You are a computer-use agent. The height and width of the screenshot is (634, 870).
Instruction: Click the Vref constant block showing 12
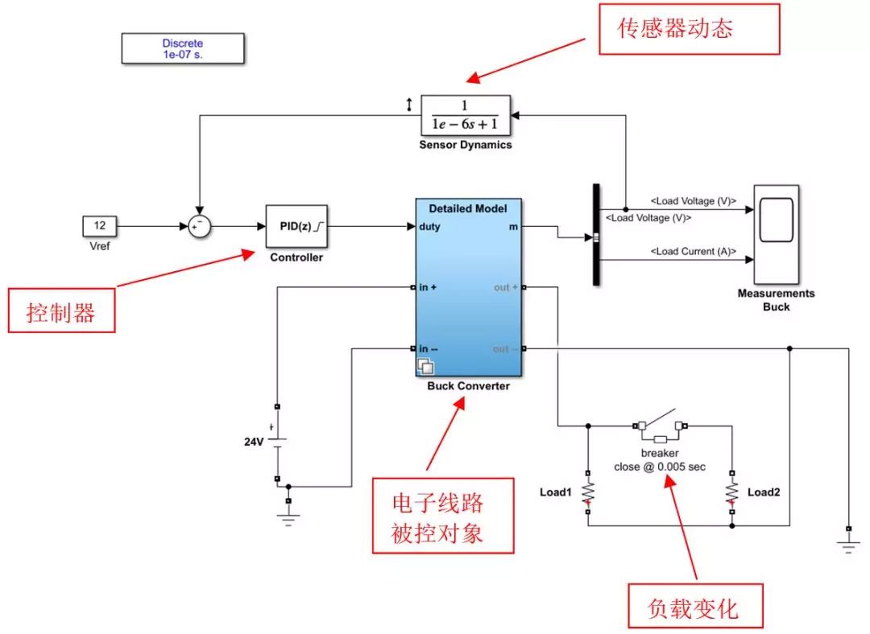click(100, 226)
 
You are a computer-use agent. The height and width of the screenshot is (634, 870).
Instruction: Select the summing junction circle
click(199, 227)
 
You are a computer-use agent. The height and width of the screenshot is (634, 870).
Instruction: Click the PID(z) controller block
click(296, 226)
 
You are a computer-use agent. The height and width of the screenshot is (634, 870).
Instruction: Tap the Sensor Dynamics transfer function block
click(466, 116)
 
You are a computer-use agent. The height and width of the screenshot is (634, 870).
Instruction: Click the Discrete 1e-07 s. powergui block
click(183, 49)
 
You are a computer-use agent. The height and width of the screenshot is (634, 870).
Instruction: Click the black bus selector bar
click(597, 234)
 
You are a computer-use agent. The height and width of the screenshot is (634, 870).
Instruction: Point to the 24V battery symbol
click(277, 440)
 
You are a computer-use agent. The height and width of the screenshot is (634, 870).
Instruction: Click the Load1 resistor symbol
click(588, 491)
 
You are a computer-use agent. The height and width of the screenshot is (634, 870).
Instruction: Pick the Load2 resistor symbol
click(731, 491)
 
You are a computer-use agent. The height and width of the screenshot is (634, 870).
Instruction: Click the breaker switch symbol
click(660, 426)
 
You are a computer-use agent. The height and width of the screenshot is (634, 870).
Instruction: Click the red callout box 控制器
click(61, 312)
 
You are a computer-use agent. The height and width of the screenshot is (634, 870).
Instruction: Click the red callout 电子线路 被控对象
click(442, 516)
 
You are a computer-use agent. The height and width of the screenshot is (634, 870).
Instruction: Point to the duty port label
click(430, 227)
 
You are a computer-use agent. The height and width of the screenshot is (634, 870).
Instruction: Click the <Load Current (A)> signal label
click(694, 252)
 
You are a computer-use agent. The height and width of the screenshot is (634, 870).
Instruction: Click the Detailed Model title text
click(468, 208)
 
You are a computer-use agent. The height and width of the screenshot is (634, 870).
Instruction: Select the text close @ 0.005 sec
click(660, 467)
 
